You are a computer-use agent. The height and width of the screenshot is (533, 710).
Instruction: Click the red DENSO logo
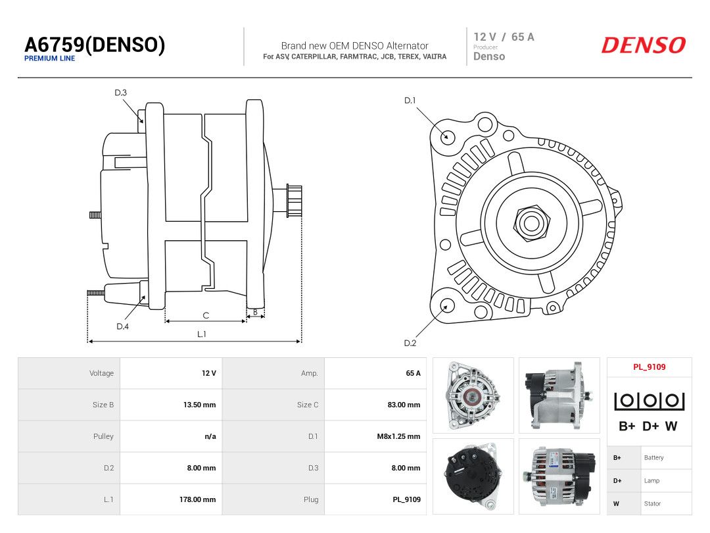(644, 45)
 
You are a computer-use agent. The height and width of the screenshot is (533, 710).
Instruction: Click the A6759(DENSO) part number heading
(95, 45)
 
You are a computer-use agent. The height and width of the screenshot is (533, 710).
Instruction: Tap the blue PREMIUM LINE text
(50, 59)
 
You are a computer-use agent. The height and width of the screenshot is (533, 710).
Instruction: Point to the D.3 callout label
(120, 93)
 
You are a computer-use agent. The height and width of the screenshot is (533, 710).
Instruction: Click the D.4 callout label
(123, 326)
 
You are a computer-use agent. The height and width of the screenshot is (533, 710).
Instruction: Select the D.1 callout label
(410, 100)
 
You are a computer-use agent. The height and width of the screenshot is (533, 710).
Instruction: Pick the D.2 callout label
(410, 343)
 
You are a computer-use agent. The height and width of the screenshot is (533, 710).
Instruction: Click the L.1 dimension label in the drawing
(202, 334)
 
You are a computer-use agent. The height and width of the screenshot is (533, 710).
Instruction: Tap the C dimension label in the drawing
(206, 315)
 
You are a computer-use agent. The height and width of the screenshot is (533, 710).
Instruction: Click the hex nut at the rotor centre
(531, 222)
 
